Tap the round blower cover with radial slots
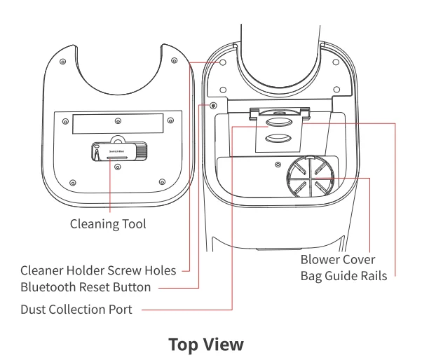point(306,178)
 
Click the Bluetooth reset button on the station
point(214,106)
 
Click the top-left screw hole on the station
point(223,63)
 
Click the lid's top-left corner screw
point(64,62)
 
